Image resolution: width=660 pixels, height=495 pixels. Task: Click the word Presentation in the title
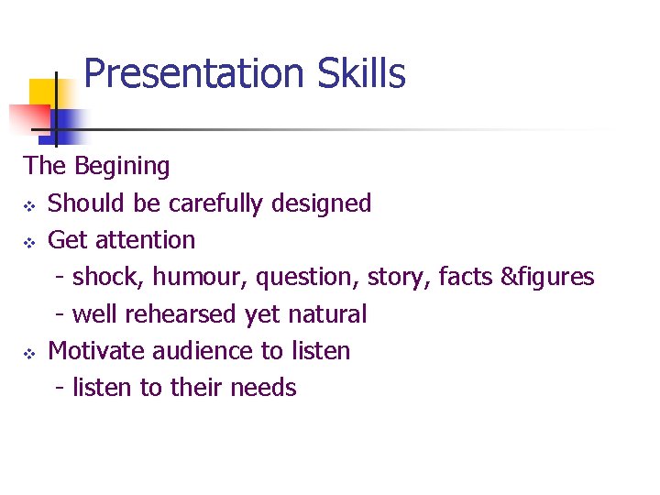click(195, 74)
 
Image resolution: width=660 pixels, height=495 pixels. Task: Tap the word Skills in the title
click(361, 74)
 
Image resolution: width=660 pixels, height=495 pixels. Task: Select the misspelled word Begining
click(122, 167)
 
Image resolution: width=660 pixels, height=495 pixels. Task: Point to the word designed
click(321, 203)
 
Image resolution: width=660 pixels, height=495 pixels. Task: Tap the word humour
click(201, 277)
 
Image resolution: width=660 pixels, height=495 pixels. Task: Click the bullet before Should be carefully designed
click(29, 204)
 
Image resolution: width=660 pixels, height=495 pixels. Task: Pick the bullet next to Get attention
click(29, 241)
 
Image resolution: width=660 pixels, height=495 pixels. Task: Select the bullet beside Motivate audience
click(29, 352)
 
